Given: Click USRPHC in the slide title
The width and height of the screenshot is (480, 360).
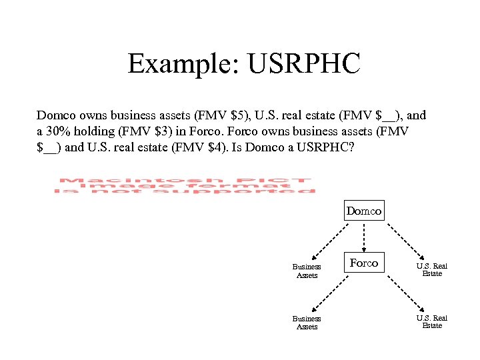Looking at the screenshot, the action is tap(303, 64).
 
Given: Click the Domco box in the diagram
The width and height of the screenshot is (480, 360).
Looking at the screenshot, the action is tap(364, 211).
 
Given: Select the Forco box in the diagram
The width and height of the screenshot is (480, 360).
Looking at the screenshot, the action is tap(364, 263).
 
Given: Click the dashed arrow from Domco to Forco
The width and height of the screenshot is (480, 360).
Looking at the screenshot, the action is tap(364, 235).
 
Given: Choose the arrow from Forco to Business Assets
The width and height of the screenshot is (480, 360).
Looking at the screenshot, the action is tap(333, 293).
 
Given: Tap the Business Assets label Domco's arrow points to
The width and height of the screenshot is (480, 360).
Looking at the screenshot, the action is tap(307, 271).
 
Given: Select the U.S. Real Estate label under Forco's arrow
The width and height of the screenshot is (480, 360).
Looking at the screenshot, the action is tap(432, 322).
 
